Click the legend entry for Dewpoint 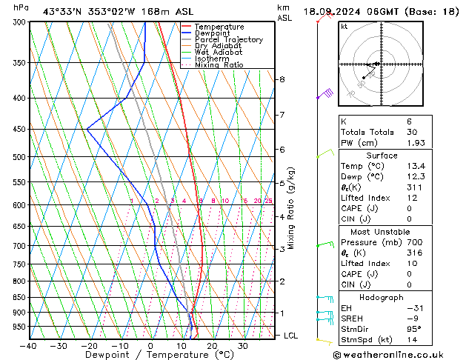214,33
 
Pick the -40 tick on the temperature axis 29,346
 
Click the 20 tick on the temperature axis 212,346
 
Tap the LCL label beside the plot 292,336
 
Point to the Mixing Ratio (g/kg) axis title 292,208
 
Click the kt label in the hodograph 344,27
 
